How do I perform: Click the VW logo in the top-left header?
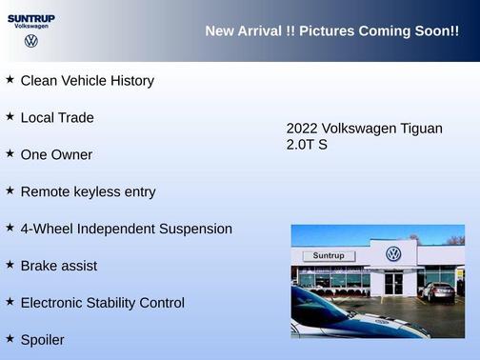31,41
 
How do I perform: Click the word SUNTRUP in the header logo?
31,18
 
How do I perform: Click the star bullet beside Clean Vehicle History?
10,80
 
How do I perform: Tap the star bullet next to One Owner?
10,153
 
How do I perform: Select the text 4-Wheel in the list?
45,229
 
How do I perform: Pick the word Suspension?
194,229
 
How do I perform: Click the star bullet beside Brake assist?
10,265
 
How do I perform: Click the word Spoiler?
42,339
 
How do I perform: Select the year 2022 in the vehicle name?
302,128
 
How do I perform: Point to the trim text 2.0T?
301,145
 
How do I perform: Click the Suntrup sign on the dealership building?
328,256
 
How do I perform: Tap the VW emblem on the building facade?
393,254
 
